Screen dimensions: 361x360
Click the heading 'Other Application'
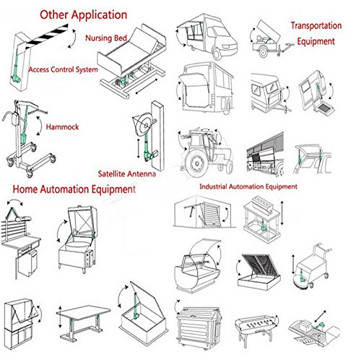(x=83, y=15)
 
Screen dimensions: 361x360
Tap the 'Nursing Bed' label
(x=106, y=38)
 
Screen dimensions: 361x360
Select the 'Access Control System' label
(x=64, y=69)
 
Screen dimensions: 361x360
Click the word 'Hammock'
(x=62, y=127)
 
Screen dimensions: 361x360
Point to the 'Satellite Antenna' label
(x=127, y=173)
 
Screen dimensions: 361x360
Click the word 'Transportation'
(x=316, y=25)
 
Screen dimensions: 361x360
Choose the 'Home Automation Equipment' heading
(x=74, y=189)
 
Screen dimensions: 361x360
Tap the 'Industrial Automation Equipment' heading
(x=248, y=187)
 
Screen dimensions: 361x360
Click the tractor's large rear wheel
(x=196, y=163)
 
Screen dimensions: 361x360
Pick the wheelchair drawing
(x=312, y=266)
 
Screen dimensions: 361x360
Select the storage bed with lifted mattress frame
(x=259, y=272)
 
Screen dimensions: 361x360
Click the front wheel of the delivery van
(x=217, y=53)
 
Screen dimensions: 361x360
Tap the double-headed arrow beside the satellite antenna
(x=139, y=148)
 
